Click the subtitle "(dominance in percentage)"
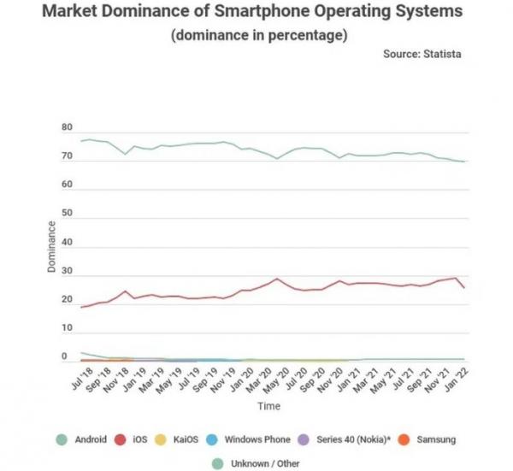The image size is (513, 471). [x=258, y=35]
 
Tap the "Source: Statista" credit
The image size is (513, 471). [x=422, y=54]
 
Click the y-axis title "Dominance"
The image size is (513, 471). [x=51, y=248]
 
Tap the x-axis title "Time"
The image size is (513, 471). [x=271, y=405]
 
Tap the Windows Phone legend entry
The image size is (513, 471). [x=249, y=439]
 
